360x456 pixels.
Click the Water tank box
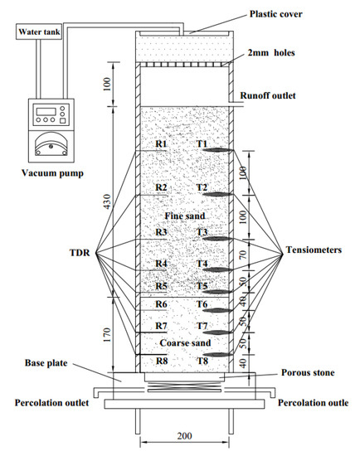coord(39,32)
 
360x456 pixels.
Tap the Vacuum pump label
coord(52,173)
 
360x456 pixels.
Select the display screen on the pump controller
coord(46,111)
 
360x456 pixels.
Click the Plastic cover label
coord(276,14)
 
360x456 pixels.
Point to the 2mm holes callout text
coord(271,52)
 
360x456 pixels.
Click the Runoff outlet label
coord(268,95)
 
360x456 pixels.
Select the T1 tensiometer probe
coord(217,150)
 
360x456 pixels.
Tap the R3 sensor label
coord(161,232)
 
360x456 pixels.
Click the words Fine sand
coord(185,216)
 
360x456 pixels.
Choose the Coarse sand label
coord(185,343)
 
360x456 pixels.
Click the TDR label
coord(80,252)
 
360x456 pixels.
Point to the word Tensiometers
coord(314,250)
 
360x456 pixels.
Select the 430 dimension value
coord(107,201)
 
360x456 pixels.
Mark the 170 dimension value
coord(107,335)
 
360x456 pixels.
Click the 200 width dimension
coord(184,435)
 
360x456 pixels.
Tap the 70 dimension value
coord(243,255)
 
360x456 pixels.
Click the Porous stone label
coord(308,372)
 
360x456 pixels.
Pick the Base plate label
coord(46,363)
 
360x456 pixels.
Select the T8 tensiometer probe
coord(217,355)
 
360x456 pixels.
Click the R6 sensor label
coord(161,304)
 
